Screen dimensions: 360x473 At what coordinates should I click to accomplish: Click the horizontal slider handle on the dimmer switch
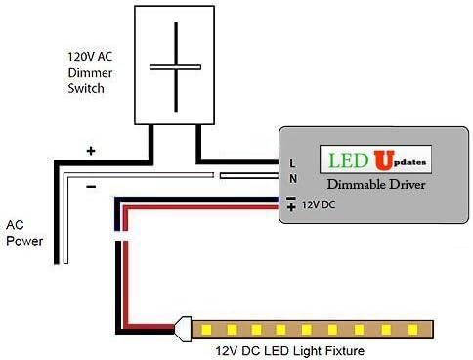175,67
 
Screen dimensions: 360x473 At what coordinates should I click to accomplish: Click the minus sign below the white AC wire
90,186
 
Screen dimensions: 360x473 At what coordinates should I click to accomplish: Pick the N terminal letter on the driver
292,179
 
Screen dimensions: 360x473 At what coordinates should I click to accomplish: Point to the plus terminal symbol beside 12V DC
291,207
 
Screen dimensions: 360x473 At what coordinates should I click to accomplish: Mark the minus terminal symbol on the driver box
291,196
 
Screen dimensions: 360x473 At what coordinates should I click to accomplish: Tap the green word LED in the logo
343,159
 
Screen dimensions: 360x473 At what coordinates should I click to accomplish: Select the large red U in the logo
376,159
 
